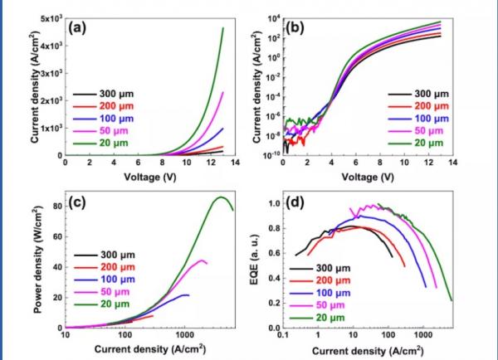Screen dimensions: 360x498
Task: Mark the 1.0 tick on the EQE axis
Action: coord(270,202)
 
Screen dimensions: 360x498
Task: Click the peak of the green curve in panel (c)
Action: coord(221,197)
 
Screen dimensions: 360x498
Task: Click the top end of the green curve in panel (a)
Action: coord(223,28)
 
